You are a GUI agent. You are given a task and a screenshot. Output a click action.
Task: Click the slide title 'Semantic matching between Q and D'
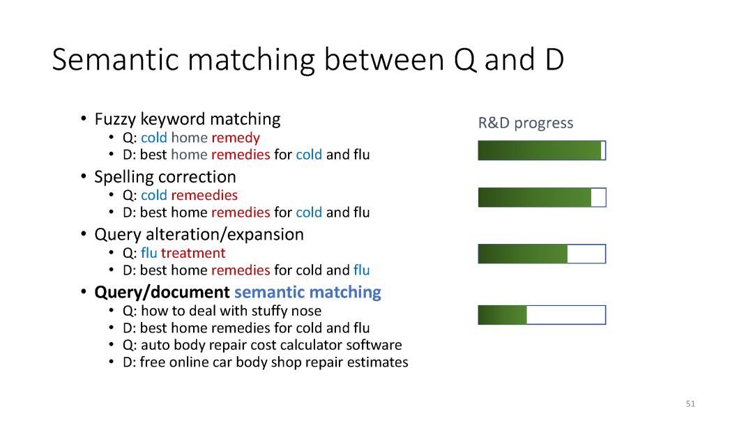click(x=308, y=59)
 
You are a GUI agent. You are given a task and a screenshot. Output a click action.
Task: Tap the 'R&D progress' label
click(x=526, y=123)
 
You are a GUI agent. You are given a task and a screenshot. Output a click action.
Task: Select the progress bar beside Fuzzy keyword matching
click(x=542, y=151)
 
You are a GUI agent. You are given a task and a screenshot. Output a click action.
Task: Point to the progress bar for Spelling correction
click(x=542, y=197)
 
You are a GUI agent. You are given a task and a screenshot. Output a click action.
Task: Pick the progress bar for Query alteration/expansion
click(x=542, y=254)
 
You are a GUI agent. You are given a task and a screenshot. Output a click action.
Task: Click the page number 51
click(x=690, y=403)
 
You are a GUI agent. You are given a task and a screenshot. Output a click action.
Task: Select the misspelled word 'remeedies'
click(x=204, y=195)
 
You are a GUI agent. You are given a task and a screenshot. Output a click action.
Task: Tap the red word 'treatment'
click(x=193, y=253)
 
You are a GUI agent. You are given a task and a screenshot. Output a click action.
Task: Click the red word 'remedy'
click(x=236, y=138)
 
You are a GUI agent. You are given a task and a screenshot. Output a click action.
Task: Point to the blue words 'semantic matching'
click(x=307, y=293)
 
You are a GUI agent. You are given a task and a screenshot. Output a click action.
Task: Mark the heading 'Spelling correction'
click(x=165, y=177)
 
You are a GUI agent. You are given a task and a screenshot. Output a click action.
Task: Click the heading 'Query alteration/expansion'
click(x=199, y=235)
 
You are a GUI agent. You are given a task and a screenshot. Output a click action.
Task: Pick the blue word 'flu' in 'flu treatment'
click(x=149, y=253)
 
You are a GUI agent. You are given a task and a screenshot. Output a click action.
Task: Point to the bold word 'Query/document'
click(x=162, y=293)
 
